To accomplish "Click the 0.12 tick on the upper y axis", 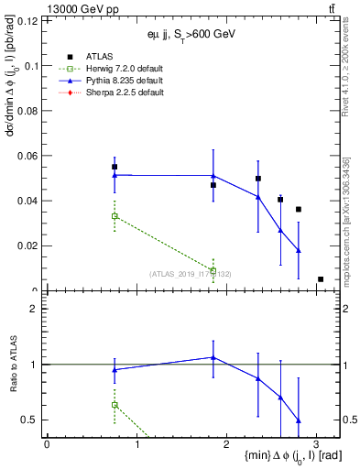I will [27, 20].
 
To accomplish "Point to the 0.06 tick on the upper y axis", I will [27, 156].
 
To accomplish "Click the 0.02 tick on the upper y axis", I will [27, 245].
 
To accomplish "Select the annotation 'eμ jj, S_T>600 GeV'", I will [191, 34].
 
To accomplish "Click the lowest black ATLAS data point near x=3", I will [321, 279].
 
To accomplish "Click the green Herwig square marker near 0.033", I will [115, 216].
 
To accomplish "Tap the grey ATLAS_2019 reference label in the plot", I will [191, 273].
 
